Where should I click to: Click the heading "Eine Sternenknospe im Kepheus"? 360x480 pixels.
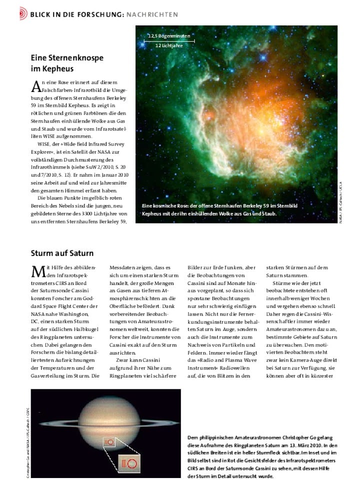click(x=67, y=63)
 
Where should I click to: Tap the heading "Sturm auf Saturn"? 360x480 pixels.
click(x=62, y=253)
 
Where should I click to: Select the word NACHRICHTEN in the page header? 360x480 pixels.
click(x=153, y=14)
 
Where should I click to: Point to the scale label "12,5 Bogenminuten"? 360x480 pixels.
click(x=168, y=35)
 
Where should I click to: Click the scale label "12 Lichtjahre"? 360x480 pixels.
click(x=168, y=45)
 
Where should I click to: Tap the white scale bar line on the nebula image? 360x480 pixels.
click(x=168, y=40)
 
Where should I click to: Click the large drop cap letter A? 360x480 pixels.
click(x=36, y=86)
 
